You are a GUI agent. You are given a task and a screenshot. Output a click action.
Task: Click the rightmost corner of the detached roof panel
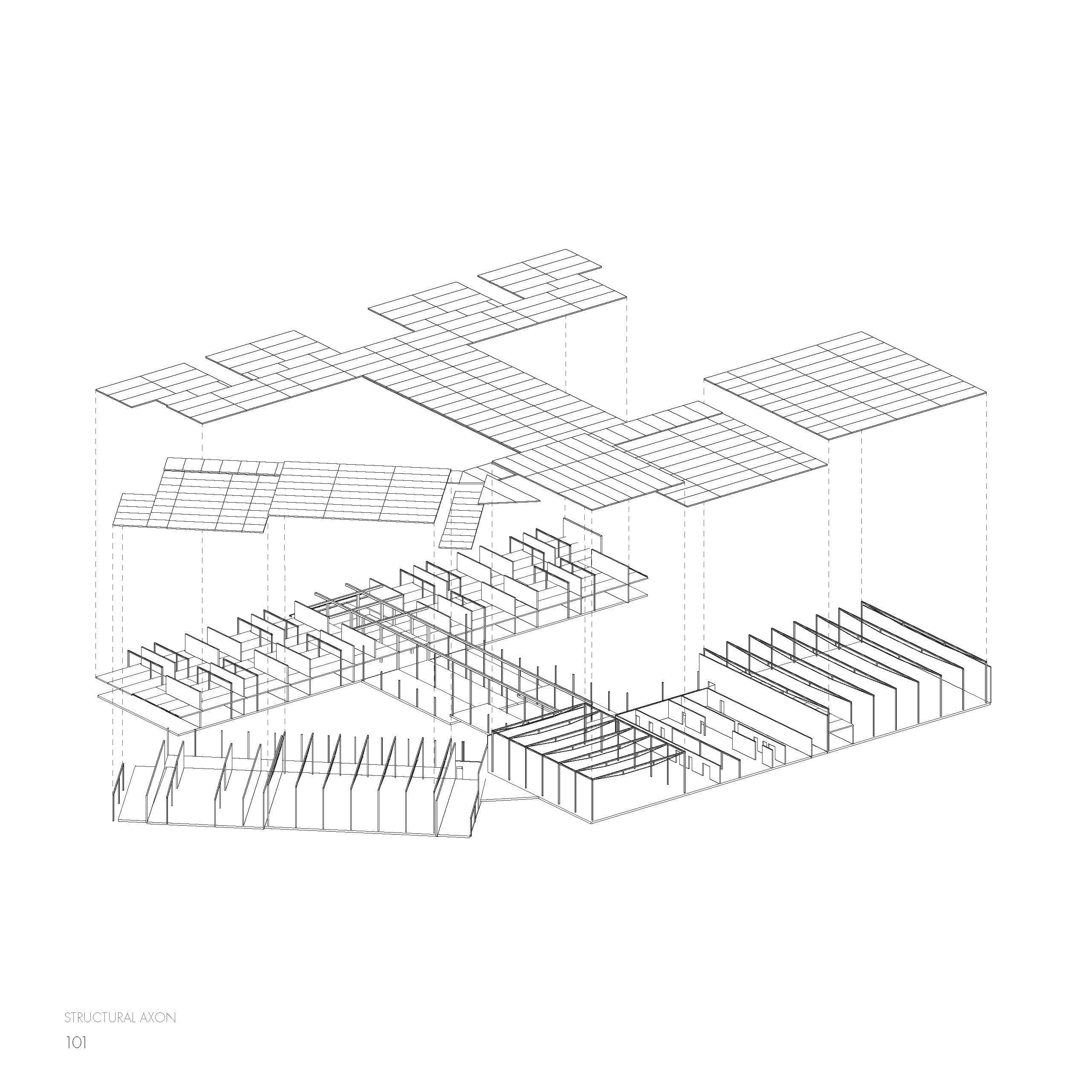click(986, 392)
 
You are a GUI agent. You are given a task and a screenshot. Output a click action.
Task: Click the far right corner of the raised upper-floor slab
click(647, 576)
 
